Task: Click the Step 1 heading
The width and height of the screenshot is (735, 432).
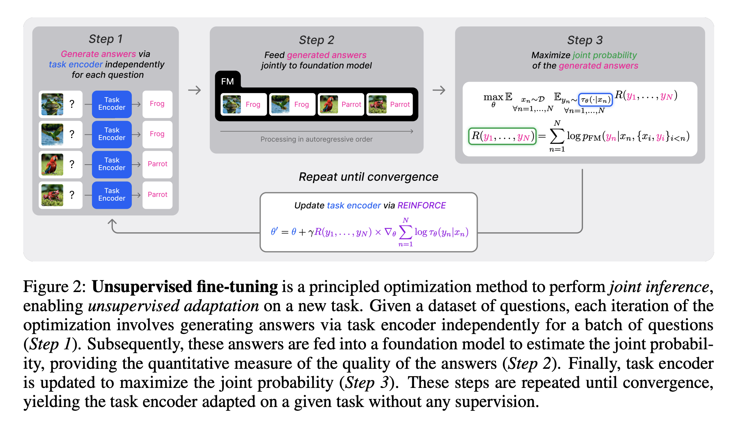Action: point(105,39)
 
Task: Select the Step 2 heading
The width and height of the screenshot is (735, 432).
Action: point(316,40)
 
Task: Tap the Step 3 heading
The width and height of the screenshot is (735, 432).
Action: point(585,40)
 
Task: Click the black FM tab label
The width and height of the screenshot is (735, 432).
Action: point(228,81)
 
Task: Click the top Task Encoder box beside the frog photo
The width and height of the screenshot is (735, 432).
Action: point(112,104)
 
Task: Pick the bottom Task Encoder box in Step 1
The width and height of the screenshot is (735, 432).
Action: point(112,195)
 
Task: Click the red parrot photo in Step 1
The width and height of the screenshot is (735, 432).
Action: point(52,164)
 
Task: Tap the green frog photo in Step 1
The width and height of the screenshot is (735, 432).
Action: point(52,104)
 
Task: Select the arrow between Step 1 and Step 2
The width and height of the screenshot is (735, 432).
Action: point(195,90)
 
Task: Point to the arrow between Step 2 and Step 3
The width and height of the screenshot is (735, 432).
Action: point(439,90)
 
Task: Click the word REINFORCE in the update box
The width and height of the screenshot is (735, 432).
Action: point(422,206)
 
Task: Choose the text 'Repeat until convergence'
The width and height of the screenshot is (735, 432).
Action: point(369,177)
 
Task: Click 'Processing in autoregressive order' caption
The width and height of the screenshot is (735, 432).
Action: point(316,139)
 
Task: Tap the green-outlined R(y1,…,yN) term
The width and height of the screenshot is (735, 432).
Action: point(502,136)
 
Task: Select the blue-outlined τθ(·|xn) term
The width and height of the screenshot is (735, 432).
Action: point(595,100)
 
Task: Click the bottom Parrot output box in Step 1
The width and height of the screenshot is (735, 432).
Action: point(158,195)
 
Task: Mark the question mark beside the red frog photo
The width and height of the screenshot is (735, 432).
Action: point(72,195)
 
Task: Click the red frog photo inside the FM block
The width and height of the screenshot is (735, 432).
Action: point(378,104)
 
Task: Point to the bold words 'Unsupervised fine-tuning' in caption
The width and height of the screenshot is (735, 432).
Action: point(185,287)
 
